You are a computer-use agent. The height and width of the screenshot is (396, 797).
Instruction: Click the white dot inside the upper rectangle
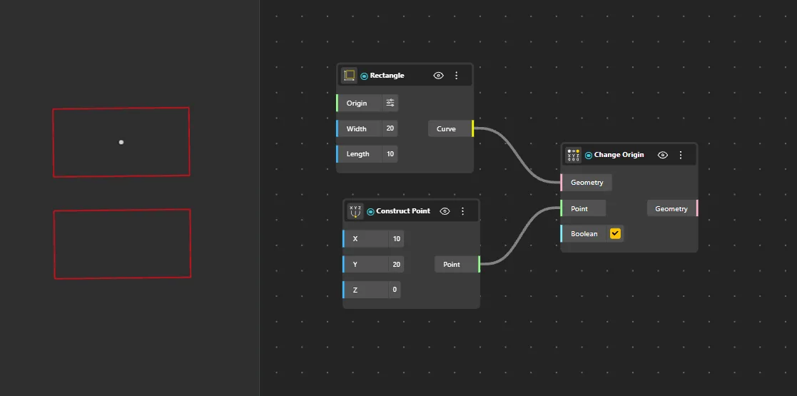[121, 142]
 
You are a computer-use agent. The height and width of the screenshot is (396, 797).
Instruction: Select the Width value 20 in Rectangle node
[390, 128]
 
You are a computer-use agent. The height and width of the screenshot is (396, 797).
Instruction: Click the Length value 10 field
[390, 154]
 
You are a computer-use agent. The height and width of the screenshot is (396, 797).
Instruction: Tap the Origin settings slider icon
[390, 103]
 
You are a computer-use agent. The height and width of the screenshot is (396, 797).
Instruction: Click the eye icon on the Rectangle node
[438, 76]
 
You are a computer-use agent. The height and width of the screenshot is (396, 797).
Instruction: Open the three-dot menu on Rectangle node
[456, 76]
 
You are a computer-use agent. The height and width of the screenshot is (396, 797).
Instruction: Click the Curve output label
[446, 128]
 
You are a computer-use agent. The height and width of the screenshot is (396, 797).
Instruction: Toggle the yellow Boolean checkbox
[616, 234]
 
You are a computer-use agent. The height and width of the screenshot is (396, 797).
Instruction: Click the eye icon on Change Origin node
[663, 155]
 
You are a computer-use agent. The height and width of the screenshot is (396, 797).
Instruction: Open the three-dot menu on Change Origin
[681, 155]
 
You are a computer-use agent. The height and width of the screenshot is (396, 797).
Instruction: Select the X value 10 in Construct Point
[397, 238]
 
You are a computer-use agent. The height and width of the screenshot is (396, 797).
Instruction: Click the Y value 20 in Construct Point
[397, 264]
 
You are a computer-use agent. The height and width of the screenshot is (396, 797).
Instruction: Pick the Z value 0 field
[395, 290]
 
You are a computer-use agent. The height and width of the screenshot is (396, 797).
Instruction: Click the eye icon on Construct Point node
[445, 211]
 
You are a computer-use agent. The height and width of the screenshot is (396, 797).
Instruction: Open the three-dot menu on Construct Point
[462, 211]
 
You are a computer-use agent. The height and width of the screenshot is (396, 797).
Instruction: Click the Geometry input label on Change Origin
[587, 183]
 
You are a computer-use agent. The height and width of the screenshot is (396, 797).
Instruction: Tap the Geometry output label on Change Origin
[671, 208]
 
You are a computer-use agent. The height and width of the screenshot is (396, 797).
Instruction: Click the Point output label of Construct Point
[452, 264]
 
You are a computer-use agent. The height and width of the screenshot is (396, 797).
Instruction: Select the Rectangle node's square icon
[349, 75]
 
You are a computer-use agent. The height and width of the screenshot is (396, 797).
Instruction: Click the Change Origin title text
[619, 155]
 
